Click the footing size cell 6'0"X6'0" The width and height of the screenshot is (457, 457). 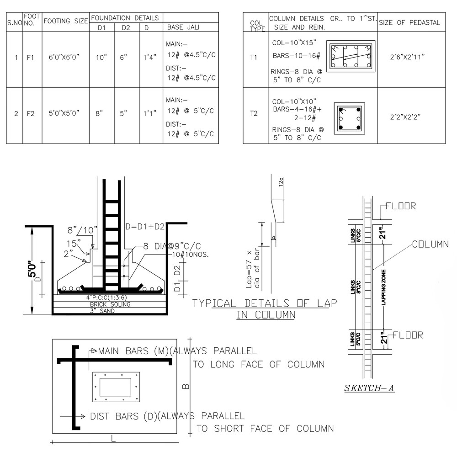65,58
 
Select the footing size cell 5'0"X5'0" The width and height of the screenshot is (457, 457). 64,113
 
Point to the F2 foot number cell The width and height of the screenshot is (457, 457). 31,113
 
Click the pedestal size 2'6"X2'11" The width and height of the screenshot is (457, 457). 408,58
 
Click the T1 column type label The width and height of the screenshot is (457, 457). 254,58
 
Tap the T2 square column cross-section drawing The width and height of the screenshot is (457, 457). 350,118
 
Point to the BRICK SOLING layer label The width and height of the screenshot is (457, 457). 110,304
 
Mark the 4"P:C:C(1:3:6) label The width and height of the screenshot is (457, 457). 110,298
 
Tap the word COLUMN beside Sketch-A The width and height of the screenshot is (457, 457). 430,244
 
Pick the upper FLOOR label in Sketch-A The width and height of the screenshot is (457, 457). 401,206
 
